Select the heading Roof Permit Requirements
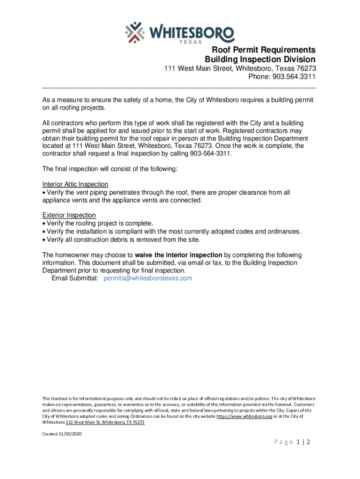coord(264,50)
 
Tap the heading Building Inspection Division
coord(260,59)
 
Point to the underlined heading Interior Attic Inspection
coord(75,184)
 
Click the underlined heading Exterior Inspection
coord(69,215)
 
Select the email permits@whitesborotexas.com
coord(148,278)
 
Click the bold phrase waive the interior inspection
coord(179,255)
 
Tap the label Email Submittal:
coord(75,278)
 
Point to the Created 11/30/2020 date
coord(62,434)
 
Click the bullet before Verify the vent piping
coord(44,193)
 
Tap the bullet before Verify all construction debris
coord(44,240)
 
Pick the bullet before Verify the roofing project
coord(44,224)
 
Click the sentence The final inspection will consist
coord(110,169)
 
